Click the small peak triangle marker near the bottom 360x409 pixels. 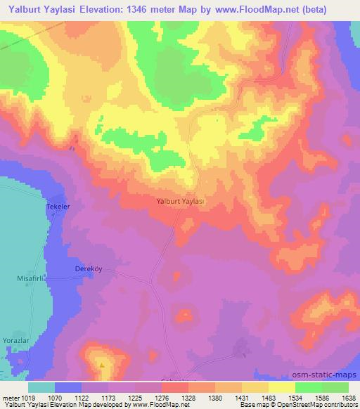102,365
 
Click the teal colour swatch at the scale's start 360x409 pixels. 41,387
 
